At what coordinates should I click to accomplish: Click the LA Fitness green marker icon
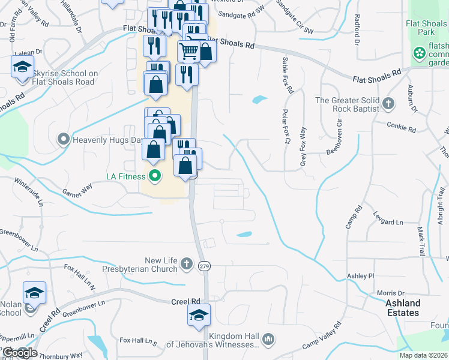point(155,176)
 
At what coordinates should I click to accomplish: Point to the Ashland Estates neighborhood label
point(403,308)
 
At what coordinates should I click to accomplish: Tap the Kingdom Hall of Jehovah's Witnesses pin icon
point(268,340)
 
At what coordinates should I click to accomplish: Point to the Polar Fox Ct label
point(286,128)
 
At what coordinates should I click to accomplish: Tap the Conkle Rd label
point(402,128)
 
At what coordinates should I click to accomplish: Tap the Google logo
point(20,353)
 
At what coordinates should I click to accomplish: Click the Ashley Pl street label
point(361,276)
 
